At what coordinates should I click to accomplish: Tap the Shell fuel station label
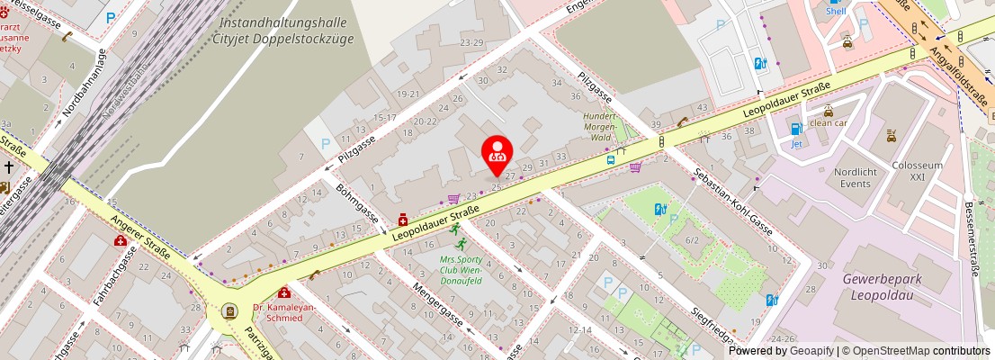(x=836, y=11)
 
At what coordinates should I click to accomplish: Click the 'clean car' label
(x=828, y=122)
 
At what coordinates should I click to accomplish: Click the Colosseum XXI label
(x=917, y=171)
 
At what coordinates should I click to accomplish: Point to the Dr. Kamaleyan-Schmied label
(x=284, y=312)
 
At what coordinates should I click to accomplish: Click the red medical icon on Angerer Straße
(x=120, y=240)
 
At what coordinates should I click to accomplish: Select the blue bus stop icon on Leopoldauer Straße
(x=611, y=159)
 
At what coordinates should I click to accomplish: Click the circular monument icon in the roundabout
(x=229, y=311)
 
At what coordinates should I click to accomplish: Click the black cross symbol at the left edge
(x=8, y=166)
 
